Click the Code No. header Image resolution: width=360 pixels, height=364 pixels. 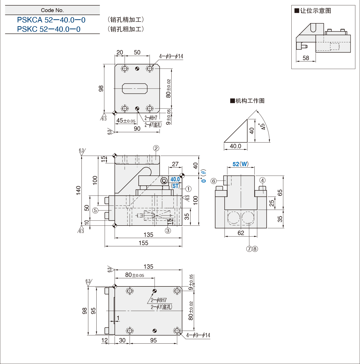tap(52, 10)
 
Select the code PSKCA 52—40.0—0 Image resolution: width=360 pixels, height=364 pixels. tap(51, 20)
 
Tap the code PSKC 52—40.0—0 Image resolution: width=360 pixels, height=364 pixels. tap(49, 29)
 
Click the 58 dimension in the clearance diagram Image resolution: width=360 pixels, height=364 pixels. tap(306, 58)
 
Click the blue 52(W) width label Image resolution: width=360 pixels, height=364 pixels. tap(241, 164)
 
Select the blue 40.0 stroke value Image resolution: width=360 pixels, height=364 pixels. tap(175, 179)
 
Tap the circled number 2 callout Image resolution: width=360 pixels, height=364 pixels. tap(156, 148)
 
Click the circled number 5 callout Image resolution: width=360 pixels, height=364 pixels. tap(95, 210)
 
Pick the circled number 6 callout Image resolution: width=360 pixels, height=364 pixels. tap(214, 181)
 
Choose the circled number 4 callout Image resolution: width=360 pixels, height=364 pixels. tap(262, 180)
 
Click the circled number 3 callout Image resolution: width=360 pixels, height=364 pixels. tap(168, 230)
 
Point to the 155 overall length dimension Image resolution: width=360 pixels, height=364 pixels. tap(143, 243)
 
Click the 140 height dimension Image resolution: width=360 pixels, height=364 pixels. tap(78, 190)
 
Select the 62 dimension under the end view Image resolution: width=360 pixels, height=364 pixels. tap(241, 233)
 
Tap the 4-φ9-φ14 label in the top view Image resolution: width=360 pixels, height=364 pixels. tap(171, 56)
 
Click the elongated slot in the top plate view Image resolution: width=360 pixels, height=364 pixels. tap(135, 88)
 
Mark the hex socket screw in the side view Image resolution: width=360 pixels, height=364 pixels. tap(164, 181)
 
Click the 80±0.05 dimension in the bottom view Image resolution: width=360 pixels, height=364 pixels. tap(135, 275)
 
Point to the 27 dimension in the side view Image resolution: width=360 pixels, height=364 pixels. tap(175, 164)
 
